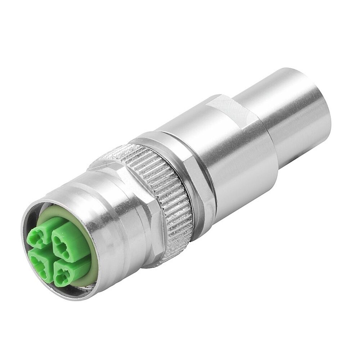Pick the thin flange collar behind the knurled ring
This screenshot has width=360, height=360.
click(x=196, y=173)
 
